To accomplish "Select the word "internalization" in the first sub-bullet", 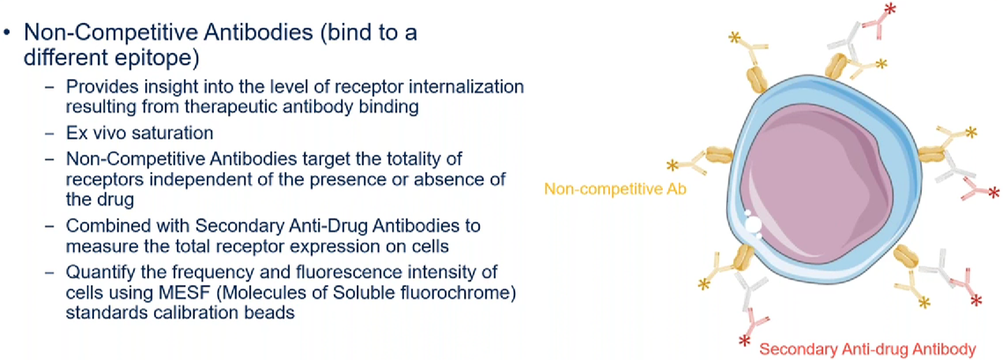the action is pos(466,86).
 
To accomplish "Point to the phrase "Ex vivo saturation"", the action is pos(139,133).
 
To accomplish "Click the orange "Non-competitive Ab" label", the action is pos(616,189).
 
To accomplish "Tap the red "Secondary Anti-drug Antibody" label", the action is pos(867,349).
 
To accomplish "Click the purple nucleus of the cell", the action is pos(816,185).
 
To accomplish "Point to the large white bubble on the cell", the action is pos(753,224).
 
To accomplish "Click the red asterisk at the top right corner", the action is pos(890,9).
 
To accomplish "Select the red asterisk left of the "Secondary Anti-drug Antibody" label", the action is pos(745,341).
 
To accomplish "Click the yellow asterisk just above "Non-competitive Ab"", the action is pos(672,165).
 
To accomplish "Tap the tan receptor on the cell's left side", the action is pos(719,155).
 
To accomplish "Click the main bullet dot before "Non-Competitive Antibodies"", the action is pos(6,32).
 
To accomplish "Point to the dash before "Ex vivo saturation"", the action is pos(50,133).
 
